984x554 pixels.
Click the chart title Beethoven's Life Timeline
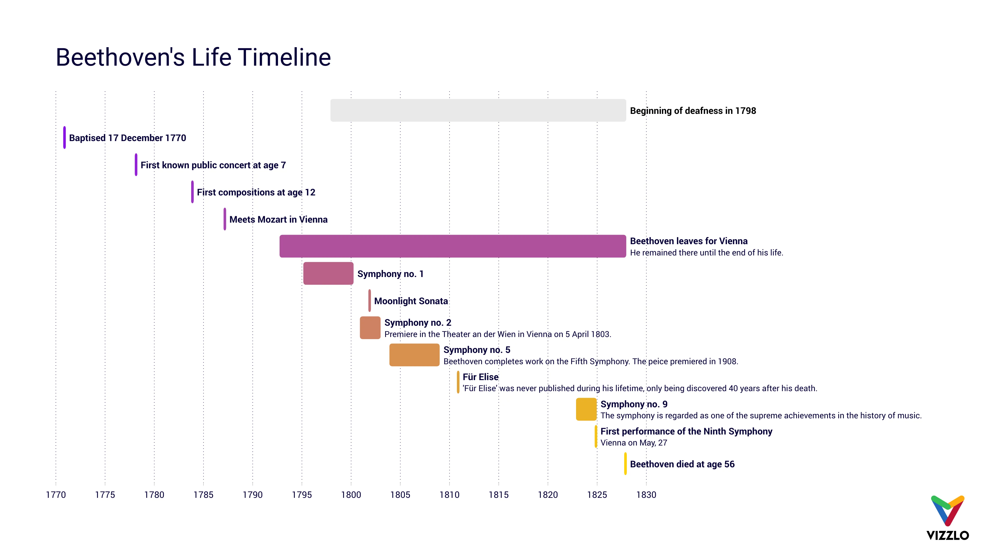pyautogui.click(x=193, y=57)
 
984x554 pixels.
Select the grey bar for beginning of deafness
pyautogui.click(x=478, y=111)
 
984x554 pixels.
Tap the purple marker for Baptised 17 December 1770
pyautogui.click(x=65, y=138)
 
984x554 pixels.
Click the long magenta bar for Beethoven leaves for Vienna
pyautogui.click(x=452, y=246)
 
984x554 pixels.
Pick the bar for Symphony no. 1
pyautogui.click(x=328, y=273)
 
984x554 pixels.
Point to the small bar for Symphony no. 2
pyautogui.click(x=370, y=328)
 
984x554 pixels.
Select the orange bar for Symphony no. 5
pyautogui.click(x=414, y=355)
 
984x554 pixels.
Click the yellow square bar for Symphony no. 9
pyautogui.click(x=586, y=409)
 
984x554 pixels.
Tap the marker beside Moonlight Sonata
pyautogui.click(x=369, y=301)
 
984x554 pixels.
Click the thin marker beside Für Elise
pyautogui.click(x=458, y=382)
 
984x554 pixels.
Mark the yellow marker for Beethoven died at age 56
pyautogui.click(x=625, y=464)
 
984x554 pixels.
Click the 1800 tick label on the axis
pyautogui.click(x=351, y=495)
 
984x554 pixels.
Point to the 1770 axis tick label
pyautogui.click(x=56, y=495)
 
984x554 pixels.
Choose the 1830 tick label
pyautogui.click(x=646, y=495)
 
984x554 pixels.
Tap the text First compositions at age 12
pyautogui.click(x=256, y=192)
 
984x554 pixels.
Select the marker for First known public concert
pyautogui.click(x=136, y=165)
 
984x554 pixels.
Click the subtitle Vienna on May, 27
pyautogui.click(x=633, y=443)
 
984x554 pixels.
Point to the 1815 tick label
pyautogui.click(x=498, y=495)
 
